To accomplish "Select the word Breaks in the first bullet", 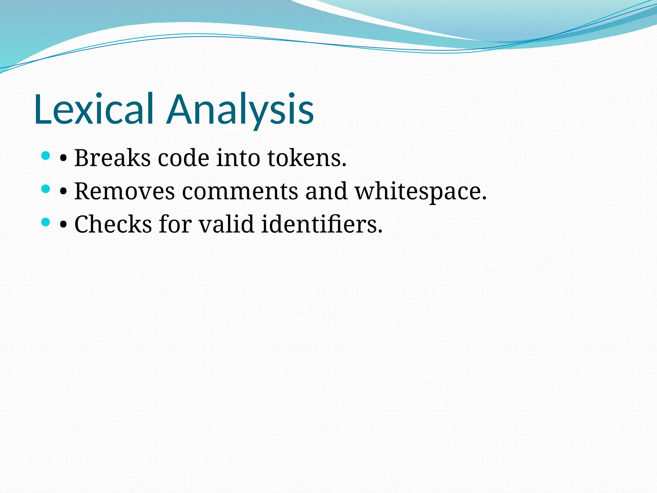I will click(x=112, y=158).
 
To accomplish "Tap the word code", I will click(x=183, y=158).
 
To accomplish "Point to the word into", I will click(x=238, y=158).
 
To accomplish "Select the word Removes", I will click(x=124, y=191).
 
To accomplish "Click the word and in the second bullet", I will click(x=326, y=191).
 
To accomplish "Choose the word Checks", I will click(x=113, y=224).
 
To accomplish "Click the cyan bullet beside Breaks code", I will click(x=46, y=156).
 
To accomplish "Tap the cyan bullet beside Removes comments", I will click(x=46, y=189).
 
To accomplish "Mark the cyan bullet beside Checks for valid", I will click(x=46, y=222).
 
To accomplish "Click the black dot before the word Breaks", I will click(x=63, y=159).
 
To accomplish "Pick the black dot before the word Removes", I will click(x=63, y=192).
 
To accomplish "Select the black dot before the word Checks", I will click(x=63, y=225).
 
